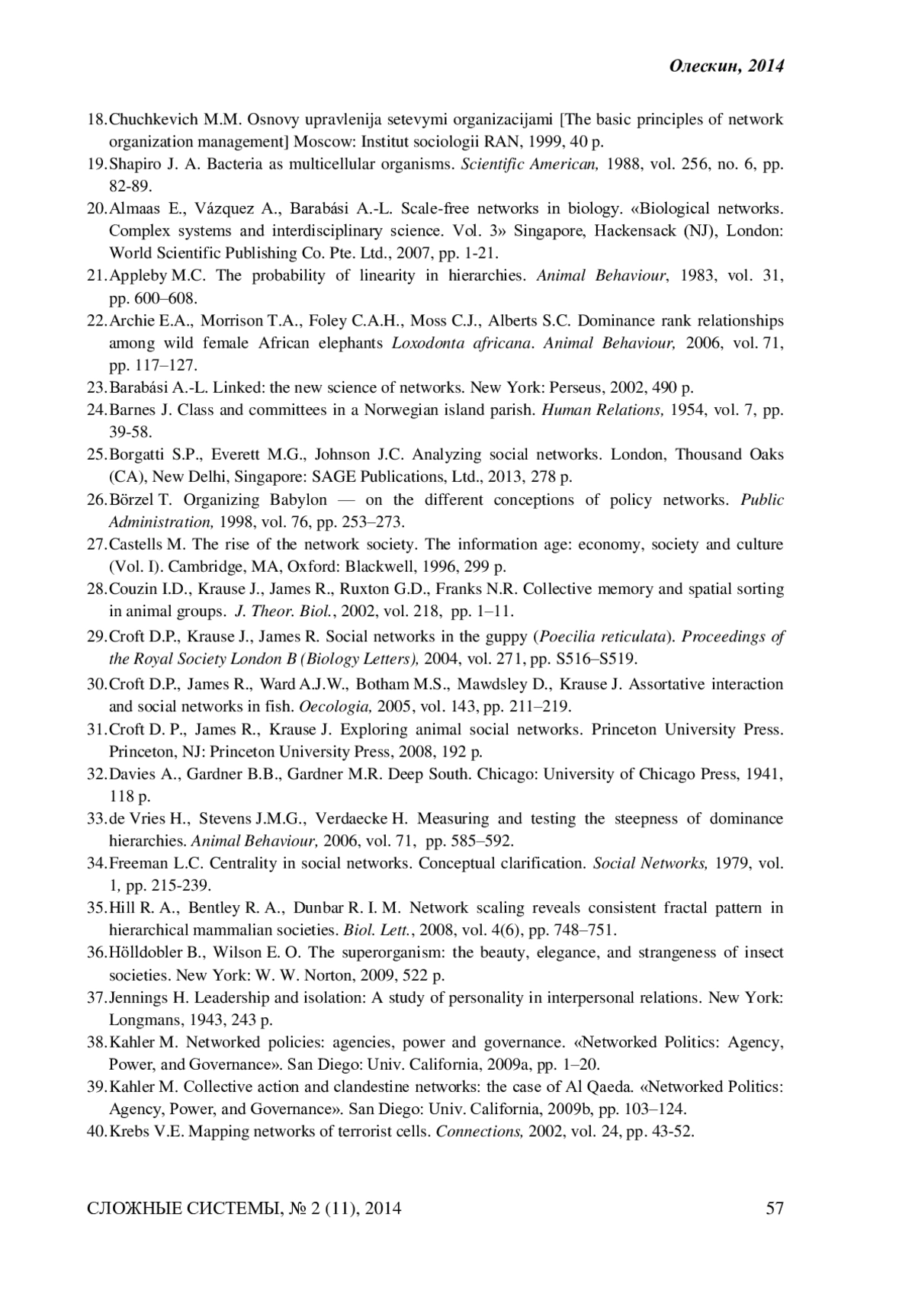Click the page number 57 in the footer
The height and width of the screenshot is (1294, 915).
pyautogui.click(x=775, y=1208)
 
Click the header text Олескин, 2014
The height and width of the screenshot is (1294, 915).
pyautogui.click(x=727, y=67)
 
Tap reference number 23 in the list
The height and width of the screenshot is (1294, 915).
pyautogui.click(x=97, y=387)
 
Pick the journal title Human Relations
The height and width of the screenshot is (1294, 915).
pyautogui.click(x=602, y=410)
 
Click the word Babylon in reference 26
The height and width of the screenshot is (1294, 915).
pyautogui.click(x=298, y=500)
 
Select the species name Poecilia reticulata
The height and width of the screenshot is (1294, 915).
pyautogui.click(x=604, y=637)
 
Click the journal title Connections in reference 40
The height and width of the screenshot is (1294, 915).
pyautogui.click(x=479, y=1132)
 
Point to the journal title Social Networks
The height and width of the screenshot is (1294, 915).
pyautogui.click(x=650, y=863)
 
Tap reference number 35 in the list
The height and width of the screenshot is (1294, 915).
pyautogui.click(x=97, y=908)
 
